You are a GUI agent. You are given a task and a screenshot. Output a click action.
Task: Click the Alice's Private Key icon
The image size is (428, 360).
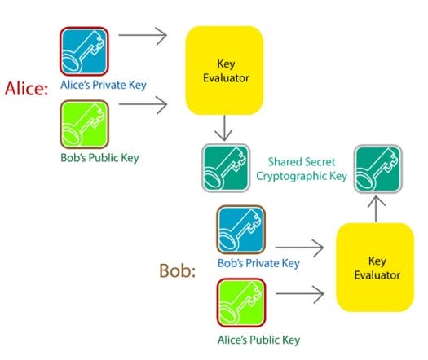[x=84, y=51]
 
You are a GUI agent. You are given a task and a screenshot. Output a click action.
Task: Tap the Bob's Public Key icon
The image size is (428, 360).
[x=84, y=124]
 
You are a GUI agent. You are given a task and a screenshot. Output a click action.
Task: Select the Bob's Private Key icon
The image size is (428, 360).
[x=241, y=230]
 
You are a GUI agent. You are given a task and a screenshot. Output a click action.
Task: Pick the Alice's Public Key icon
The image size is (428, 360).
[x=241, y=302]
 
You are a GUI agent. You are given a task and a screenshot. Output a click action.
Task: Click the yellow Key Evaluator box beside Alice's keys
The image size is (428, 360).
[x=224, y=70]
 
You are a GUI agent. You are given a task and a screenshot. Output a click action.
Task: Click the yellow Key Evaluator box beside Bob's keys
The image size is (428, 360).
[x=375, y=267]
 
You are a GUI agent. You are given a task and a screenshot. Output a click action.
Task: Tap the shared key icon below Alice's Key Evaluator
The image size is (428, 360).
[x=226, y=168]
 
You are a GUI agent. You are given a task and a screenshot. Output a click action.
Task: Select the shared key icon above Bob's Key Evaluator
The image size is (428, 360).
[x=378, y=169]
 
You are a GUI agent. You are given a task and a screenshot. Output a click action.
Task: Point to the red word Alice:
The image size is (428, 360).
[x=26, y=88]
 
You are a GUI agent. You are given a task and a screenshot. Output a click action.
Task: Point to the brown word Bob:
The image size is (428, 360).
[x=178, y=270]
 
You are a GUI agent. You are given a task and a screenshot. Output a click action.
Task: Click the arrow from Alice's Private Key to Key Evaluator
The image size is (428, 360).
[x=143, y=36]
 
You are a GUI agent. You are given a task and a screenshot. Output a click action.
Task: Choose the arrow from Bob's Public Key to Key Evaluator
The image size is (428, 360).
[x=143, y=104]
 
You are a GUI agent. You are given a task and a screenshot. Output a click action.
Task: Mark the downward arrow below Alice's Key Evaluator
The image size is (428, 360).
[x=224, y=128]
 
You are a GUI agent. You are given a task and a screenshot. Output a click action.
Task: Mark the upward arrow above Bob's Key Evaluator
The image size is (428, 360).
[x=376, y=209]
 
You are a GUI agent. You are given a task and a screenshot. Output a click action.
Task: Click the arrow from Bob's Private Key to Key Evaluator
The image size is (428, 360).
[x=299, y=248]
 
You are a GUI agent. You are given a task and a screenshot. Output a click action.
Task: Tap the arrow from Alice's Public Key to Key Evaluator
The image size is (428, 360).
[x=300, y=294]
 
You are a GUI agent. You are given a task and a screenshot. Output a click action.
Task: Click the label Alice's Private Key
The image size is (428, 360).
[x=104, y=85]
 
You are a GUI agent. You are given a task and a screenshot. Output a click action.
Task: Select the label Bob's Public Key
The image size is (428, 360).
[x=99, y=158]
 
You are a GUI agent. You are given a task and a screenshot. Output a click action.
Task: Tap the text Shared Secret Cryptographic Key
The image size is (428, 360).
[x=302, y=169]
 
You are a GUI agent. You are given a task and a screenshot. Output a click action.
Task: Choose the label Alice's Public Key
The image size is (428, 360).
[x=258, y=340]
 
